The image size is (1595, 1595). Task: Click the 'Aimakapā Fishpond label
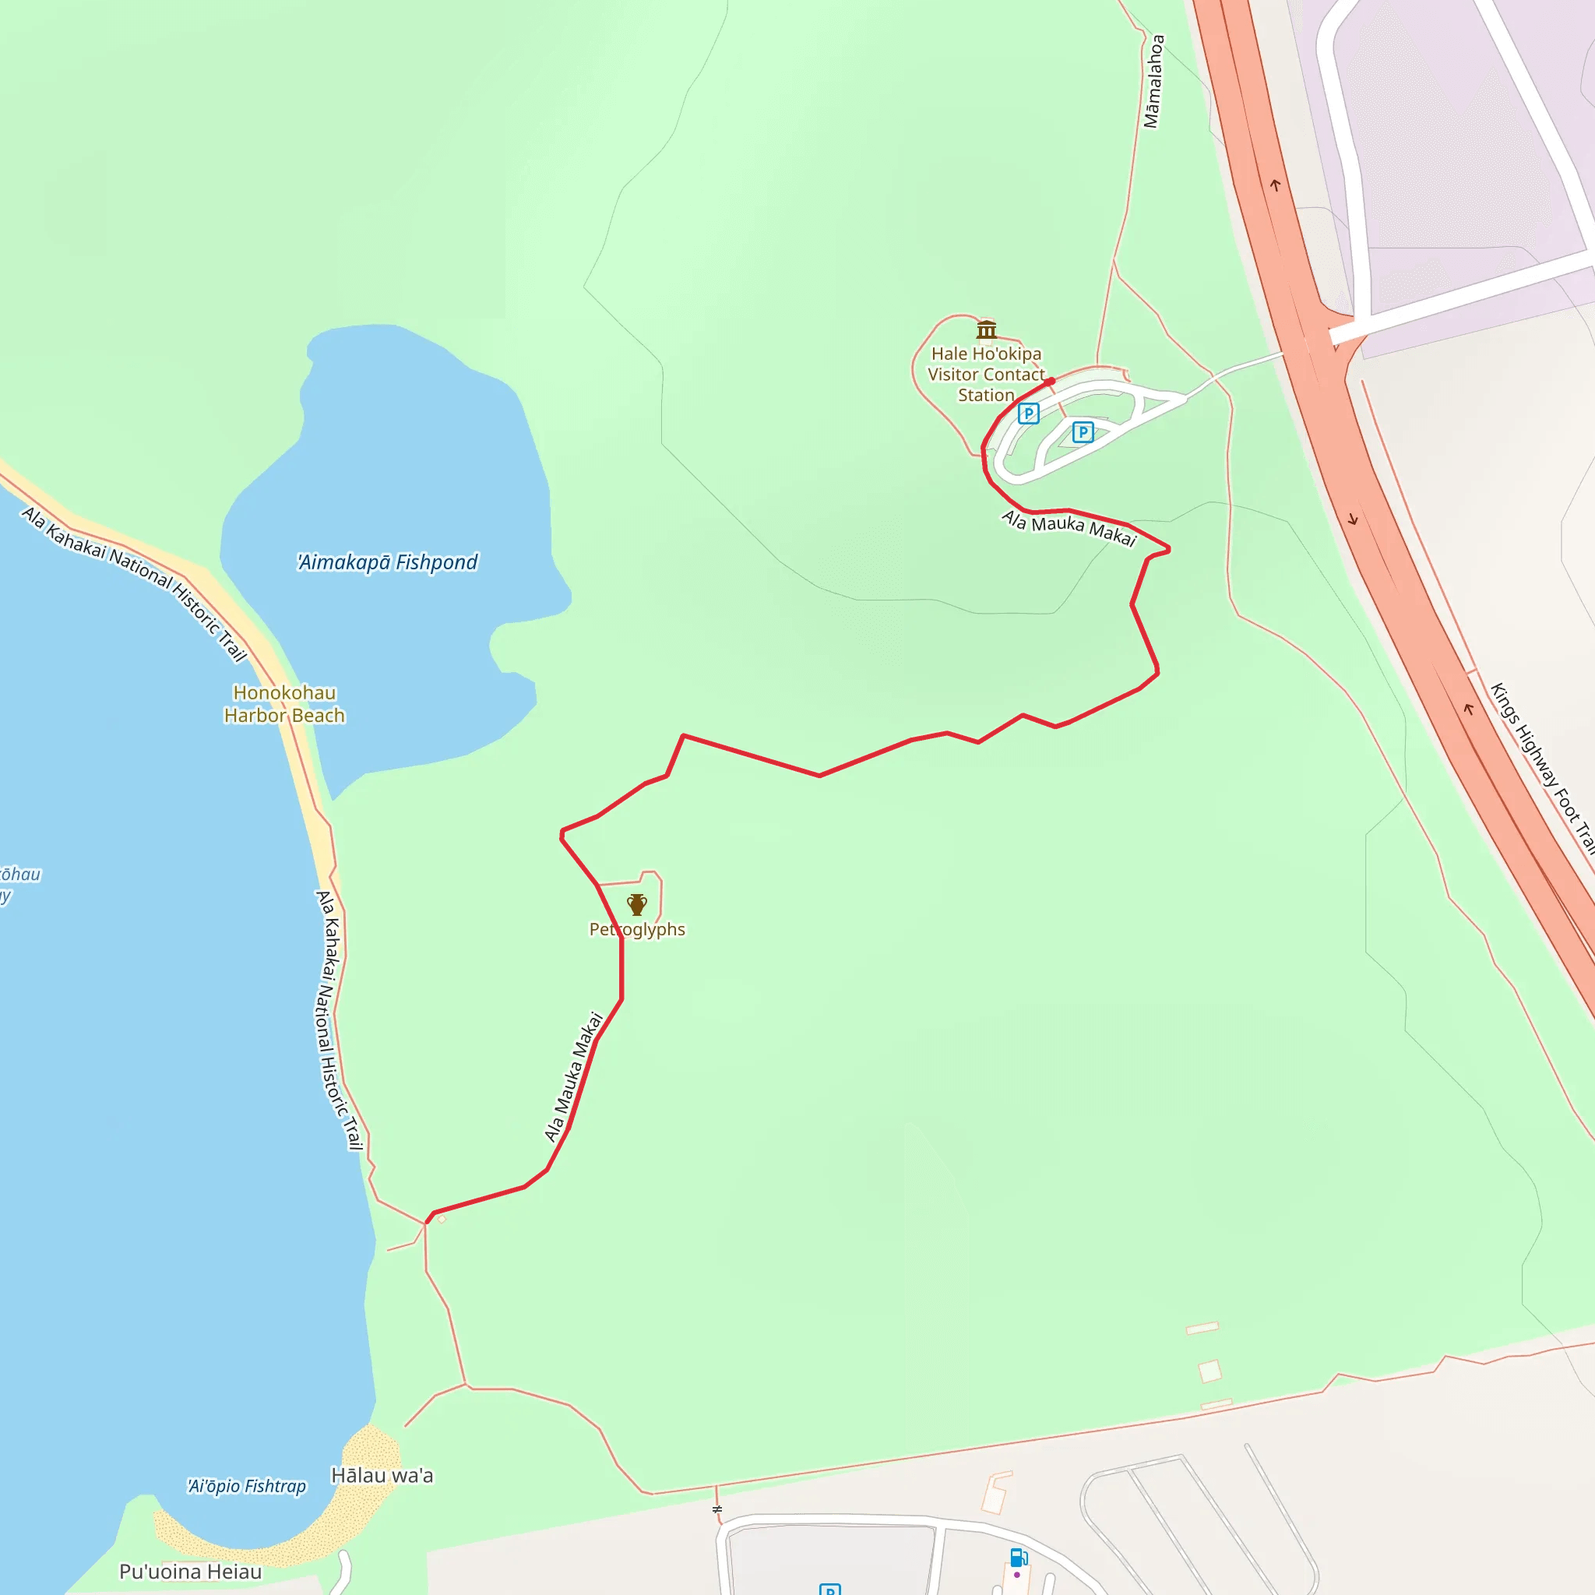387,562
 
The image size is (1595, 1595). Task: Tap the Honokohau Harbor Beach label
285,704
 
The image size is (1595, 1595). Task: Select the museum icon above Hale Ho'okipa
987,330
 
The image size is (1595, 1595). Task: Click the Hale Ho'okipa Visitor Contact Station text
986,375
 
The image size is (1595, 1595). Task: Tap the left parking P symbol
1029,414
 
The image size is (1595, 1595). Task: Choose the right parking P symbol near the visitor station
1083,431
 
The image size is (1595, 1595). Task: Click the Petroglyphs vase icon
636,905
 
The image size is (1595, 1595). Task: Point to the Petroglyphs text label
636,930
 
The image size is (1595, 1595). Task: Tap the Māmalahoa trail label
1153,81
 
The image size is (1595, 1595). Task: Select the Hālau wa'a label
382,1475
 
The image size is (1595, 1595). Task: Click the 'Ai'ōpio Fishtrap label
247,1486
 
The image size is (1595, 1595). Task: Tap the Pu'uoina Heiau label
190,1571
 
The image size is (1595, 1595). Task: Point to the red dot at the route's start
1051,382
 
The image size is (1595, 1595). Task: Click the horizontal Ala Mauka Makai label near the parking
1069,528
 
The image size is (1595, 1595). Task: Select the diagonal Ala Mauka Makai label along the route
574,1077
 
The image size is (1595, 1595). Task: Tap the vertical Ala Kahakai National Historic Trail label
340,1020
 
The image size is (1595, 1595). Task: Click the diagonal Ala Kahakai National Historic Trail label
135,583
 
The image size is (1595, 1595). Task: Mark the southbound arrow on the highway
1353,520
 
